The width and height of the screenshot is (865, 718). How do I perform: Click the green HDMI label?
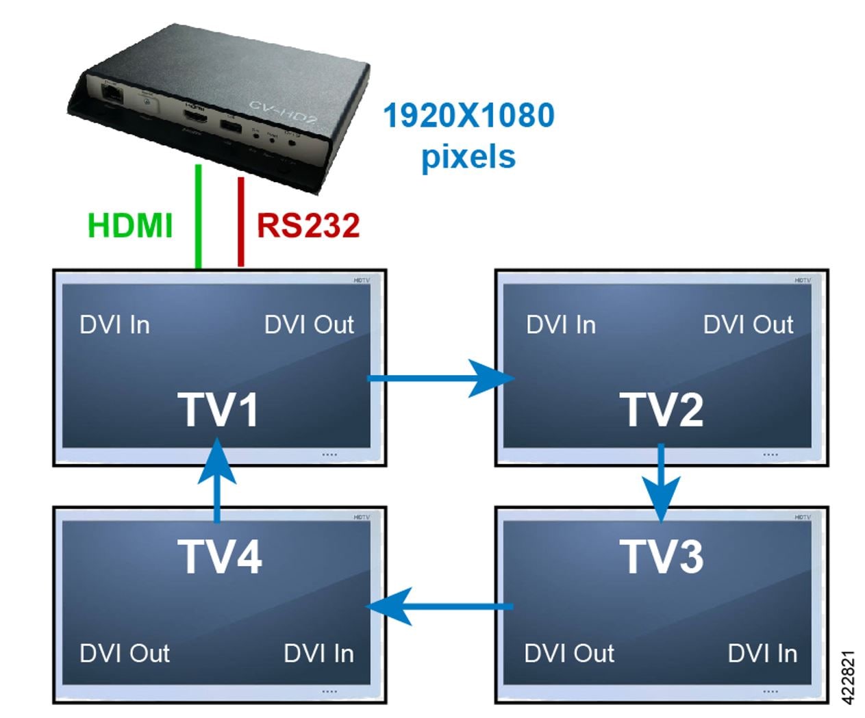pyautogui.click(x=130, y=226)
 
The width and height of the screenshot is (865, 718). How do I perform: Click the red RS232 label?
pyautogui.click(x=308, y=226)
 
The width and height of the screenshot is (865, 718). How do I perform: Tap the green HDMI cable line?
pyautogui.click(x=199, y=216)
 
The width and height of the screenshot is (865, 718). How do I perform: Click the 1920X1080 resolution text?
pyautogui.click(x=468, y=115)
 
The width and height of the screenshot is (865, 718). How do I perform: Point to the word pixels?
pyautogui.click(x=468, y=157)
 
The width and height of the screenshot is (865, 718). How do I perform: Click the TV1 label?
pyautogui.click(x=219, y=410)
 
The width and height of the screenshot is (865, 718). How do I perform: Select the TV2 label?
pyautogui.click(x=662, y=410)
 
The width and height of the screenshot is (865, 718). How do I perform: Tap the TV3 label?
pyautogui.click(x=662, y=556)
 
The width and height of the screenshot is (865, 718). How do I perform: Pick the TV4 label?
pyautogui.click(x=220, y=556)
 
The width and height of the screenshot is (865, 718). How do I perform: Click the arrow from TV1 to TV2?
pyautogui.click(x=439, y=377)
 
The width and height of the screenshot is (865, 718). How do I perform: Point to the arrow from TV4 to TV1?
pyautogui.click(x=218, y=480)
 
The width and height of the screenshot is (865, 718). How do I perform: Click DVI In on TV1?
pyautogui.click(x=114, y=324)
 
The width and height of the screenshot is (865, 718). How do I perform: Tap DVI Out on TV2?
pyautogui.click(x=748, y=324)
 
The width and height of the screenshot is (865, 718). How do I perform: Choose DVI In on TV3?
pyautogui.click(x=762, y=653)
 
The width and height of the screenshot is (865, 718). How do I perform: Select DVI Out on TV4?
pyautogui.click(x=125, y=653)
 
